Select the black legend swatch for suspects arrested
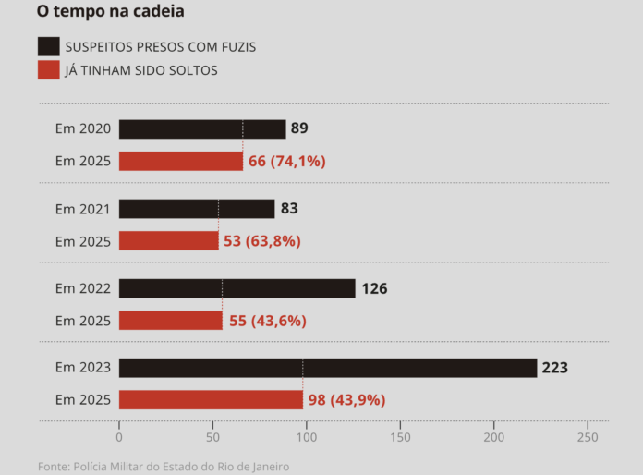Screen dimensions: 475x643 (49, 46)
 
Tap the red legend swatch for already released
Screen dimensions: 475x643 (49, 69)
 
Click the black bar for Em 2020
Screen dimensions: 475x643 (201, 129)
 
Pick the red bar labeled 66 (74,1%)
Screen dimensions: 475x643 (181, 161)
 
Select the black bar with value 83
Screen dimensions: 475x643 (197, 209)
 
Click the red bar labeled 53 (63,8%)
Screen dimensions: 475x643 (168, 241)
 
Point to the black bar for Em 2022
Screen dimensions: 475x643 (237, 288)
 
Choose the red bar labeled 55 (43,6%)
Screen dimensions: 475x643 (170, 321)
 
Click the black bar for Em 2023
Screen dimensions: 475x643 (327, 368)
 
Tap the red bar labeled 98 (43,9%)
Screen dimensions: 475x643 (211, 400)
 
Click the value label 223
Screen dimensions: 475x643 (554, 368)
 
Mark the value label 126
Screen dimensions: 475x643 (374, 288)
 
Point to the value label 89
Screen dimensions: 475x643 (299, 128)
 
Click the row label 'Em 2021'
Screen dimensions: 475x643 (82, 209)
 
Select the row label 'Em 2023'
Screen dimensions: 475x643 (82, 368)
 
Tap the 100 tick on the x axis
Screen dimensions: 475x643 (306, 437)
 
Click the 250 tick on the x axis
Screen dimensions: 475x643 (587, 437)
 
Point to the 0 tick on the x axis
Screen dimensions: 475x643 (119, 437)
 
